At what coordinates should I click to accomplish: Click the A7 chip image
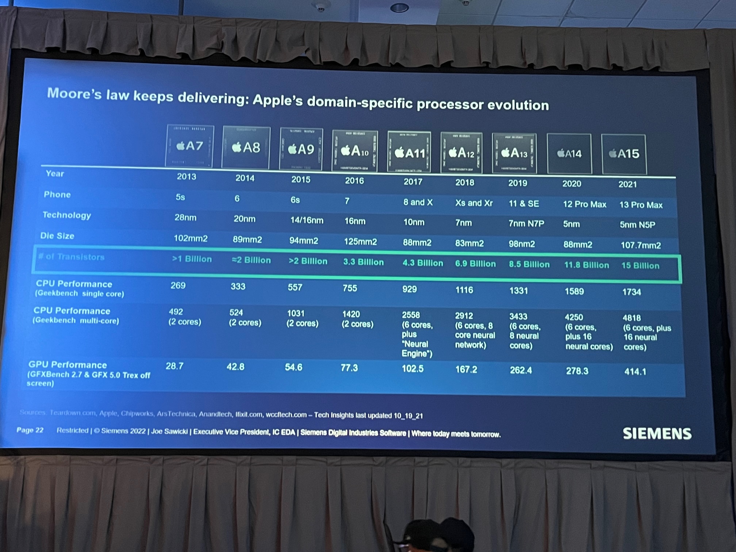[189, 146]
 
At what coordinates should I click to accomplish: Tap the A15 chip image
[624, 154]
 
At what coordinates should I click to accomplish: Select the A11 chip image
[409, 152]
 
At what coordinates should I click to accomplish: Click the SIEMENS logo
[657, 434]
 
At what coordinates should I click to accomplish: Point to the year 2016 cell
[354, 181]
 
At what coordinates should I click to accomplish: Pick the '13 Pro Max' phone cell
[641, 205]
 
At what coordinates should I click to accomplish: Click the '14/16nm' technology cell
[307, 221]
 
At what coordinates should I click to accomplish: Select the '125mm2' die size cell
[360, 242]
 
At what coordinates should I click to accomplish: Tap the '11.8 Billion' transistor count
[586, 265]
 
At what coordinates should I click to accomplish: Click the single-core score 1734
[631, 292]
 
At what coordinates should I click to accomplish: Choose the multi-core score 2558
[411, 315]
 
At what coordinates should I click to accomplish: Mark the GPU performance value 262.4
[521, 370]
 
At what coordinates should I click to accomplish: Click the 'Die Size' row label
[57, 236]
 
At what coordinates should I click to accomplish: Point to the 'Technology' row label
[66, 215]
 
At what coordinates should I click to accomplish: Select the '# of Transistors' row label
[72, 257]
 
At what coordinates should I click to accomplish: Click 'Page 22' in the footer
[30, 430]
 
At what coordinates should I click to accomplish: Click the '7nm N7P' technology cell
[526, 223]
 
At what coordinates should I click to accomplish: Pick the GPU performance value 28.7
[175, 366]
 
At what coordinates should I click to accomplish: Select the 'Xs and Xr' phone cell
[474, 203]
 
